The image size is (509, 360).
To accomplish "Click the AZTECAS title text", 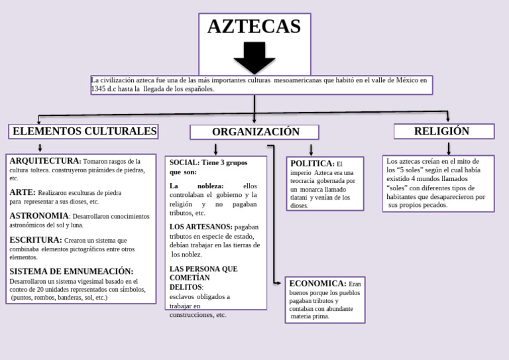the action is tap(254, 27).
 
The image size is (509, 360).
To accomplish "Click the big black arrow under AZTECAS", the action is tap(254, 57).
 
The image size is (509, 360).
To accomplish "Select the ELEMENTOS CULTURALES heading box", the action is tap(84, 131).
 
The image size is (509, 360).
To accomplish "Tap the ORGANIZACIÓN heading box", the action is tap(254, 132).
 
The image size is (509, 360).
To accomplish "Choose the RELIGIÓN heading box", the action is tap(443, 131).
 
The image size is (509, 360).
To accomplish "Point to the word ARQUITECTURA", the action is tap(44, 161).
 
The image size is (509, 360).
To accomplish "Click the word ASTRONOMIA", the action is tap(39, 215).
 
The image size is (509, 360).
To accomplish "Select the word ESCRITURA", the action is tap(35, 240).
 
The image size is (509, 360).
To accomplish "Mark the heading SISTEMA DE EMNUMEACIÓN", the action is tap(72, 271).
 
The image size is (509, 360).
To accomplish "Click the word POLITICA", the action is tap(311, 163).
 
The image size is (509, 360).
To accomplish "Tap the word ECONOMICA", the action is tap(317, 284).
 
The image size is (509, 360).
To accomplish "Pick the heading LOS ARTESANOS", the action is tap(201, 227).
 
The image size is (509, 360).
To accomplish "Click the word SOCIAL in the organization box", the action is tap(184, 162).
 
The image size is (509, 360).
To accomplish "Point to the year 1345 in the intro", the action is tap(98, 89).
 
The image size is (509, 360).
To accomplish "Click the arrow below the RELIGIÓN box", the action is tap(449, 149).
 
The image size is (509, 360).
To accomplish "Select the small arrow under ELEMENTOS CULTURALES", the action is tap(40, 148).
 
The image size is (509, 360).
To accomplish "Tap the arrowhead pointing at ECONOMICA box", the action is tap(278, 283).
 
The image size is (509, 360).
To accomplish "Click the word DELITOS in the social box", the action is tap(186, 287).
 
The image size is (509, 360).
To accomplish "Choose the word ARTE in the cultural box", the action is tap(22, 192).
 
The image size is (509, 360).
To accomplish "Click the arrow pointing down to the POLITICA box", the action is tap(311, 150).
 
